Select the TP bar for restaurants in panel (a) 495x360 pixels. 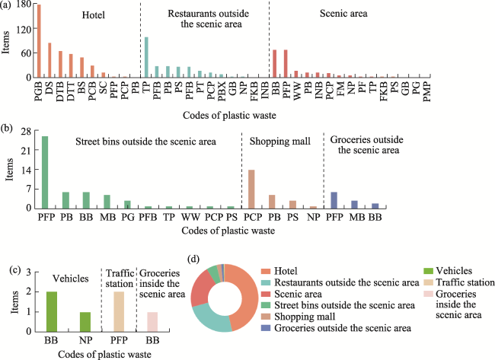point(146,57)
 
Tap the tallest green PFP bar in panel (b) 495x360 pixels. point(44,172)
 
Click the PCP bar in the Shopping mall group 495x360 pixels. point(251,189)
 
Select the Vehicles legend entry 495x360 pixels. point(445,271)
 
